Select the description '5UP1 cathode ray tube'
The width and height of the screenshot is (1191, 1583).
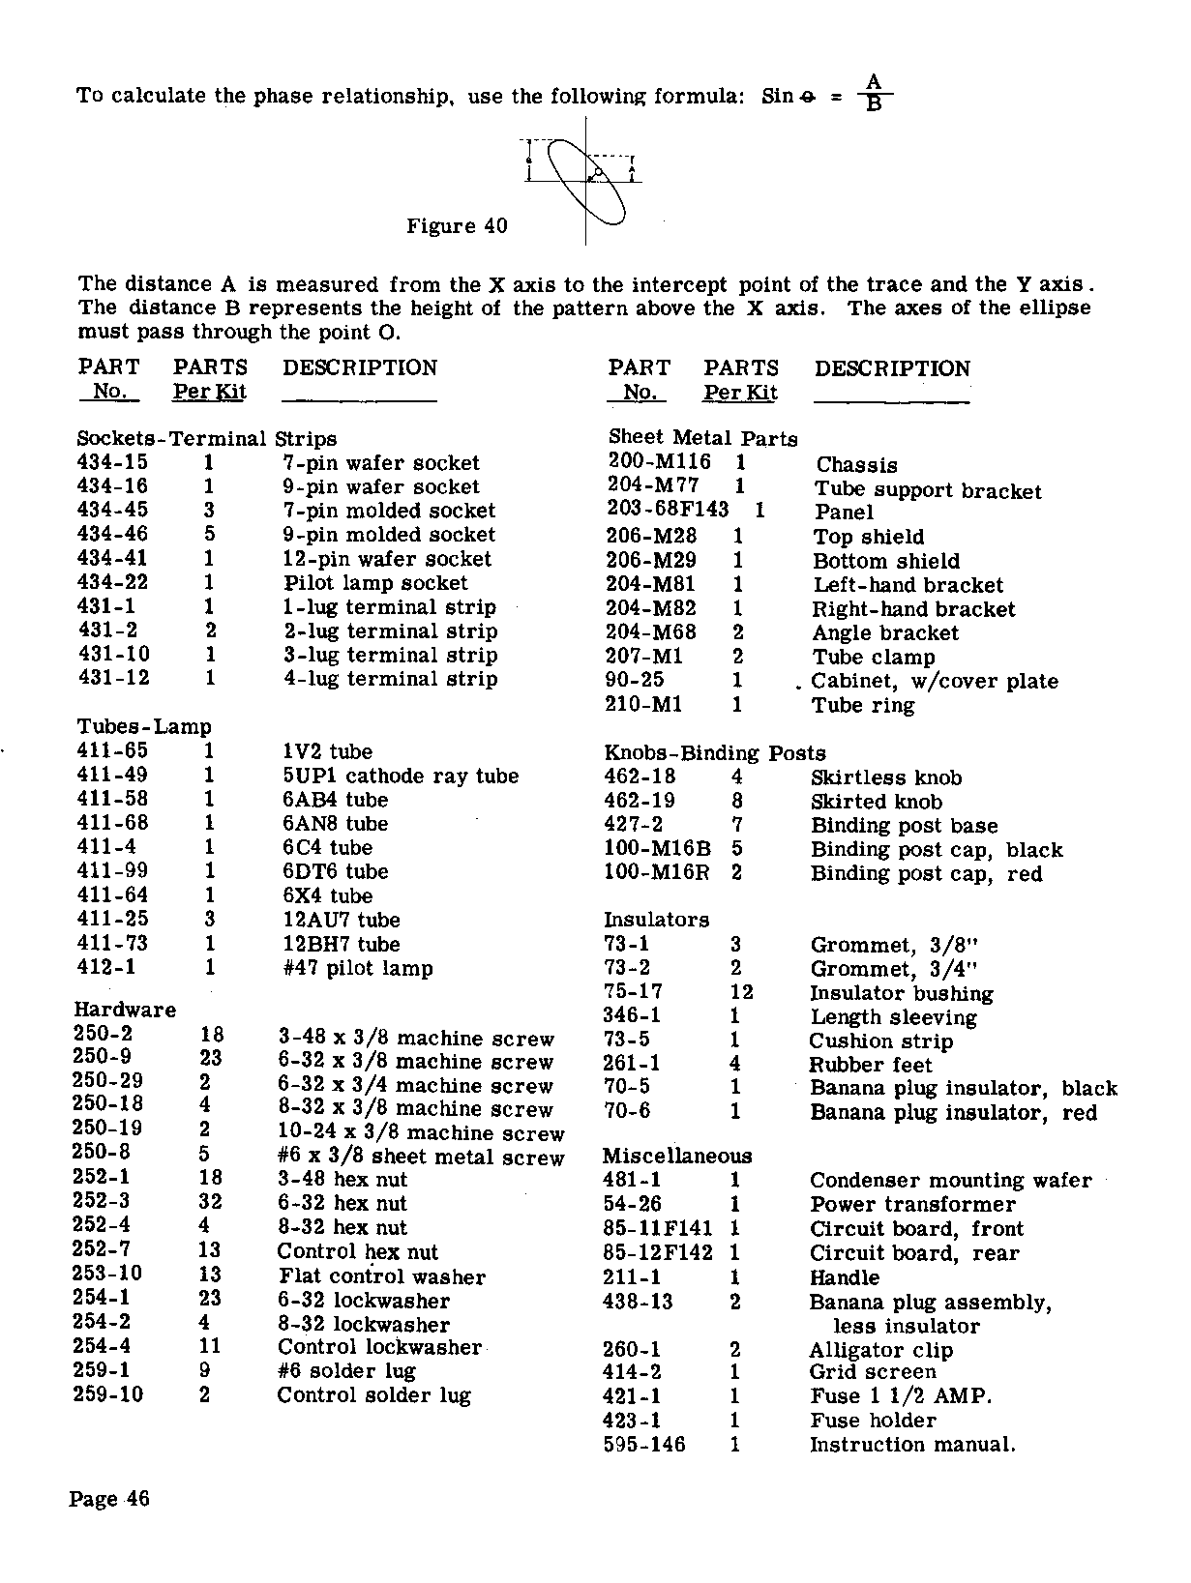coord(401,777)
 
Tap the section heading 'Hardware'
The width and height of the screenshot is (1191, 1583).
coord(125,1011)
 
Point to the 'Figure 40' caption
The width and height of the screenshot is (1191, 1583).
coord(457,226)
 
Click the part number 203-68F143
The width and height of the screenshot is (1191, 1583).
coord(668,510)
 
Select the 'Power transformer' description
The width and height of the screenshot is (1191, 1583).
coord(912,1205)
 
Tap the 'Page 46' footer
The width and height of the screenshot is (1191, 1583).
coord(109,1500)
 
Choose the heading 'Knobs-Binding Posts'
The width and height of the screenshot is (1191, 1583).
coord(715,753)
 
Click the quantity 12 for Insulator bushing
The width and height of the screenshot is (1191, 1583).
coord(741,993)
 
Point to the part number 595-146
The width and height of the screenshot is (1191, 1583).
coord(643,1445)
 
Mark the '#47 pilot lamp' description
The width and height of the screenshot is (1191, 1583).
coord(358,969)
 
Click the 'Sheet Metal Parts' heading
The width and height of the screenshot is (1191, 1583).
coord(703,439)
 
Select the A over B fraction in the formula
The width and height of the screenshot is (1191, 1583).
coord(874,94)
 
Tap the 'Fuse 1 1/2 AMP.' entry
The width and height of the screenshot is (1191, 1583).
coord(901,1396)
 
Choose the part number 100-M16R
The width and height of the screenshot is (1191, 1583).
coord(657,873)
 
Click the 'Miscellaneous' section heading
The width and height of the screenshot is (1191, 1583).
coord(677,1157)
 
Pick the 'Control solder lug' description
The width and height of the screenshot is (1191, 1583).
coord(373,1395)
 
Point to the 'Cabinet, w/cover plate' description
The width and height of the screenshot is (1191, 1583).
coord(935,682)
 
